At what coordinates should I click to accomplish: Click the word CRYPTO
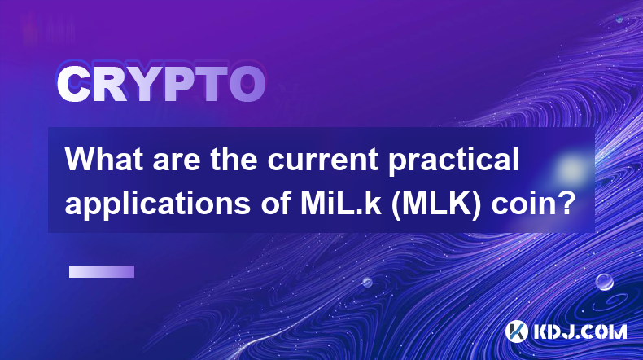click(161, 85)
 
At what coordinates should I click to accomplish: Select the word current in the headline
click(323, 160)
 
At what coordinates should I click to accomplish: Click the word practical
click(453, 161)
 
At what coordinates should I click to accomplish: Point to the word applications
click(157, 203)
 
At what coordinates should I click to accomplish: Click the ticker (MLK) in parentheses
click(436, 203)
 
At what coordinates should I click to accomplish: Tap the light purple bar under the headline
click(102, 271)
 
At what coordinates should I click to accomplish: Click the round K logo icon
click(517, 331)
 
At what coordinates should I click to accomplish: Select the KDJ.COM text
click(580, 331)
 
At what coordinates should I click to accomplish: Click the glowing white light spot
click(571, 169)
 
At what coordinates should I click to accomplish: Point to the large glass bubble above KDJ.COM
click(605, 282)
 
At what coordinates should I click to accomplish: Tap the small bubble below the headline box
click(367, 282)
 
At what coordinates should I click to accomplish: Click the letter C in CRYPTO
click(73, 85)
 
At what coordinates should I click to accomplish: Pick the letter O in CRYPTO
click(247, 85)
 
